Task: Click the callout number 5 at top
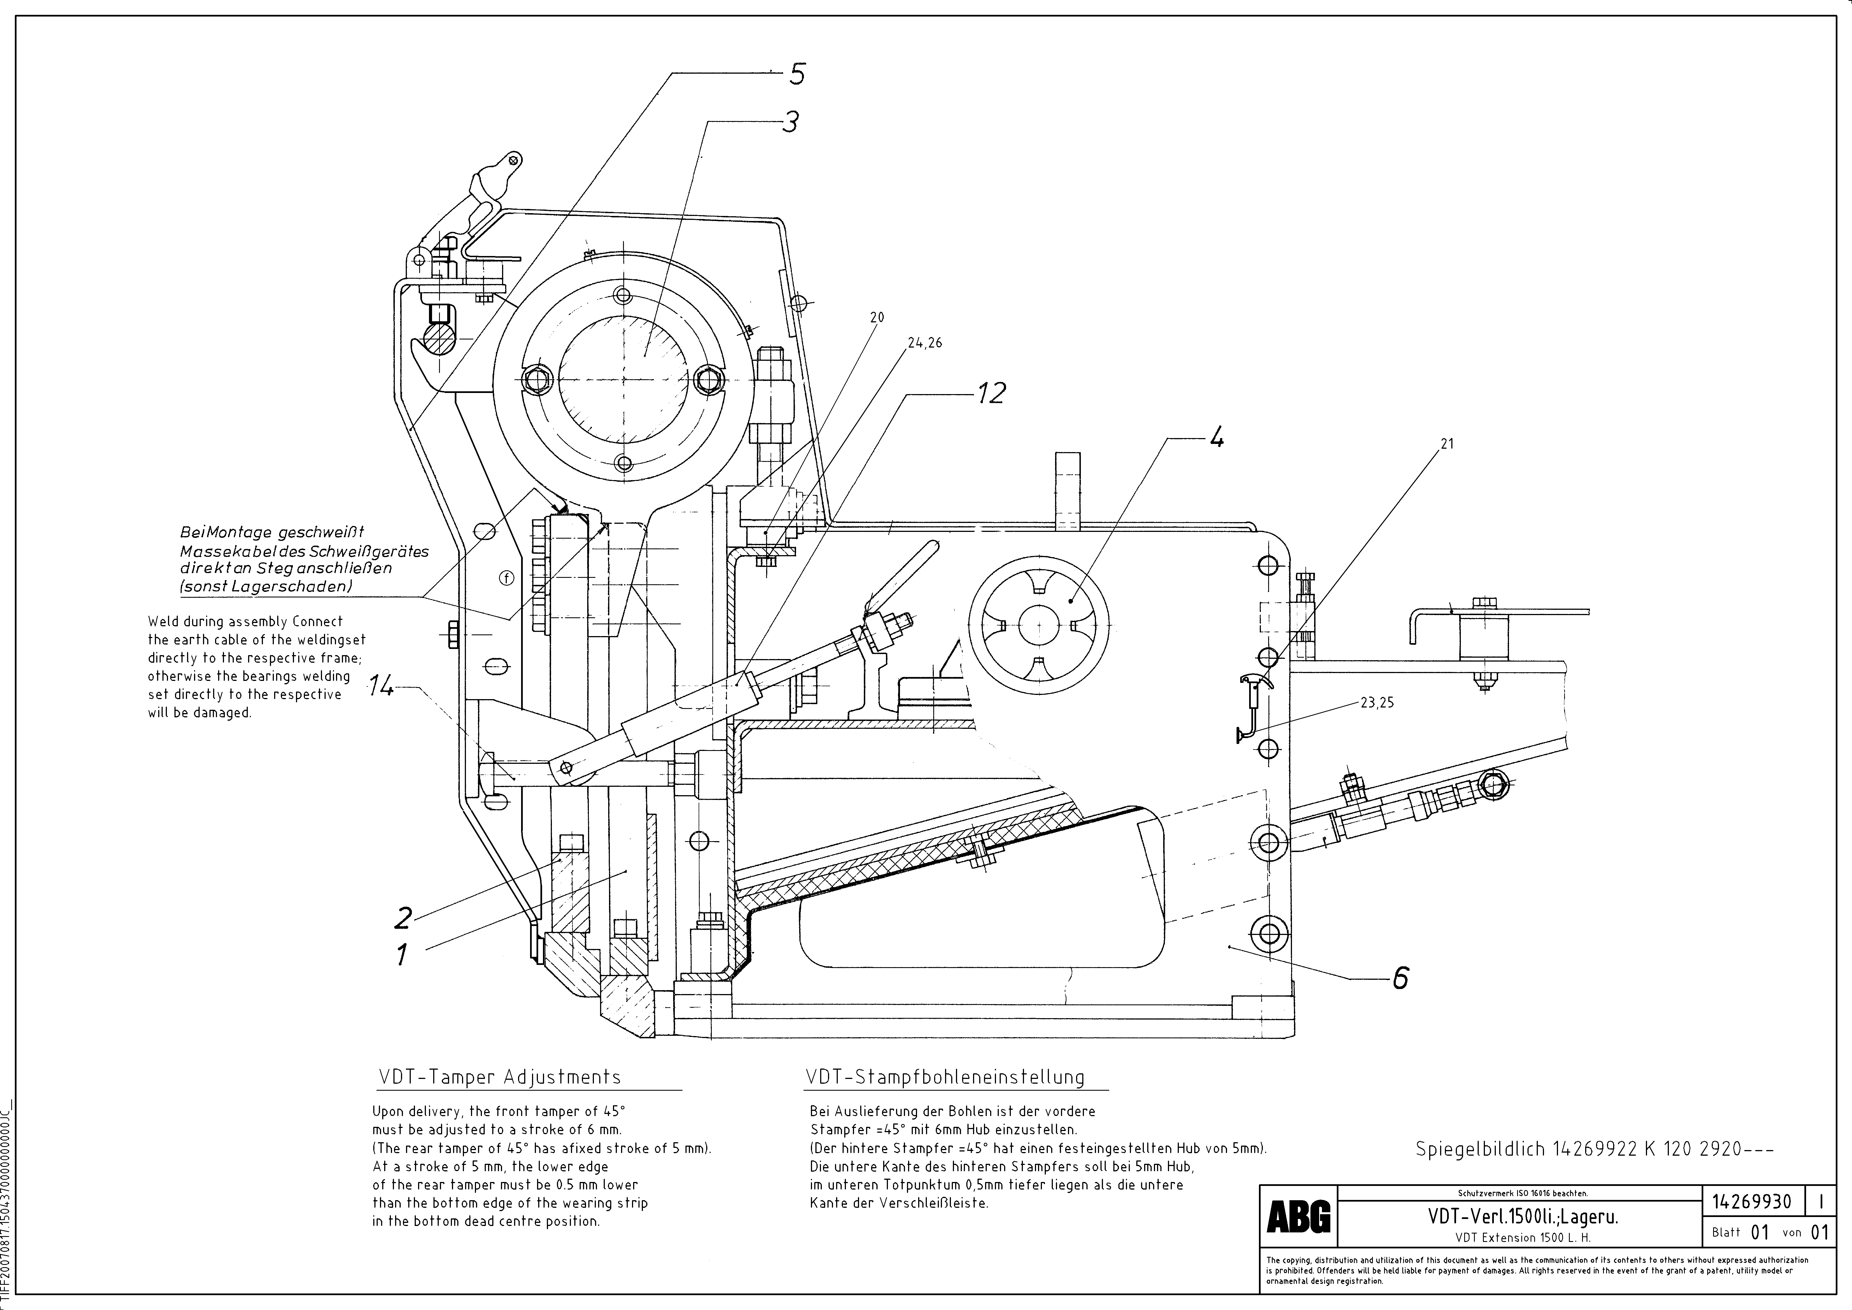point(796,74)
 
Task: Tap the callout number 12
point(991,394)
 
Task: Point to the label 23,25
point(1377,702)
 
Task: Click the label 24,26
point(924,343)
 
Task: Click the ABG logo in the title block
point(1299,1216)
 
